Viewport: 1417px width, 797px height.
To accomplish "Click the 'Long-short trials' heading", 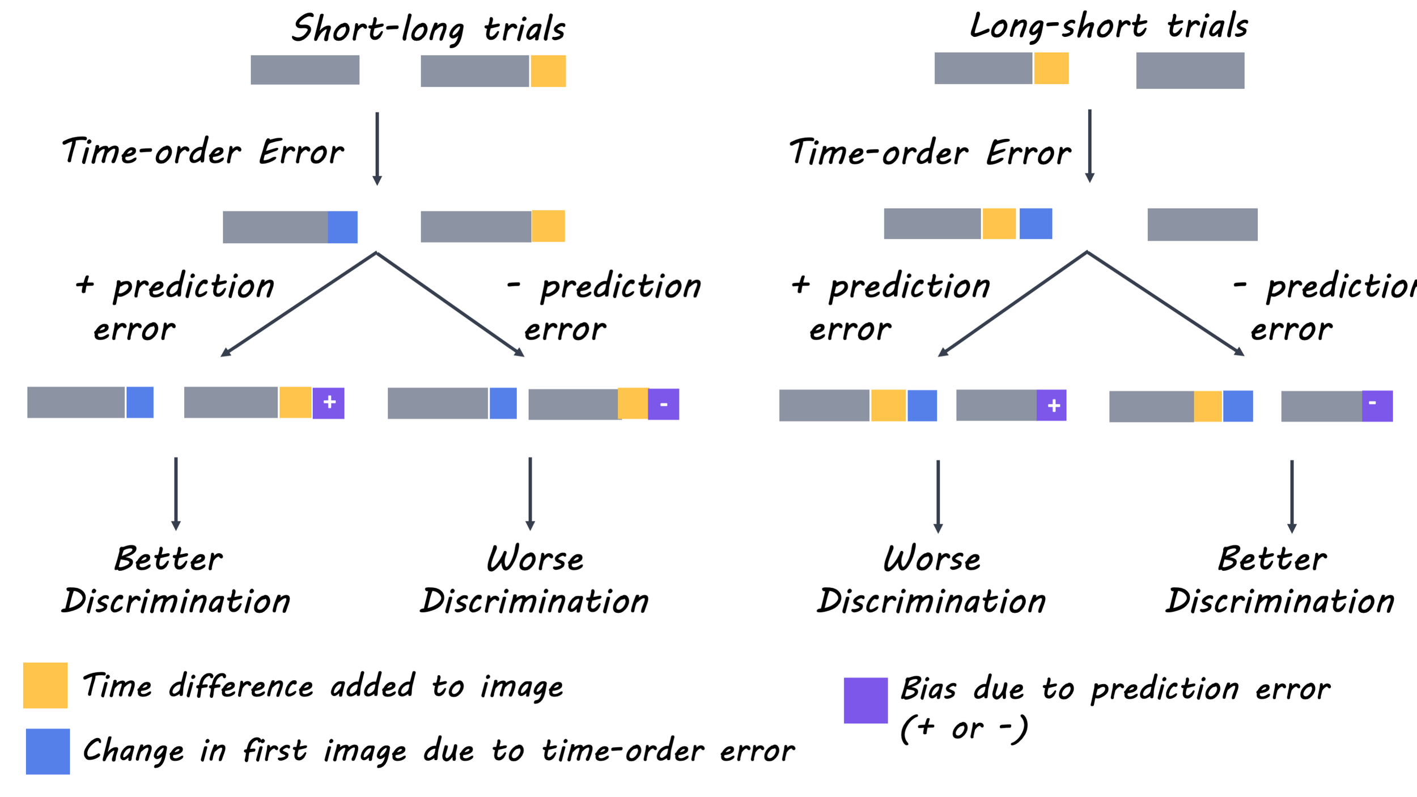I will [1108, 26].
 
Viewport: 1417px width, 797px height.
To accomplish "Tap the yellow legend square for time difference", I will [45, 685].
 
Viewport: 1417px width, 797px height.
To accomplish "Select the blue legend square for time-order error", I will [48, 751].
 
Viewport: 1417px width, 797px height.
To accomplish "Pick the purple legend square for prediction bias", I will [866, 700].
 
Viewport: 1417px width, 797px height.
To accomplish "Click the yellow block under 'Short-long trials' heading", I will [548, 71].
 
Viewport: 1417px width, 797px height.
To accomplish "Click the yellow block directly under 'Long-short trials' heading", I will [1051, 68].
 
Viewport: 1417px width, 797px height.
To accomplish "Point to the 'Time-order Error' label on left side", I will [203, 151].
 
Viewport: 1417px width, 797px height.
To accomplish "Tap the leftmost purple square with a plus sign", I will [329, 403].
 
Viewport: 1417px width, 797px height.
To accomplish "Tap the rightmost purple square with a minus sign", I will [1377, 406].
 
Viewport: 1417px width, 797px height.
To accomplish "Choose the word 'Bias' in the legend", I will [928, 689].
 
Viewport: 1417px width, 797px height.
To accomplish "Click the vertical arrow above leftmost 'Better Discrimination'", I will [176, 493].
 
